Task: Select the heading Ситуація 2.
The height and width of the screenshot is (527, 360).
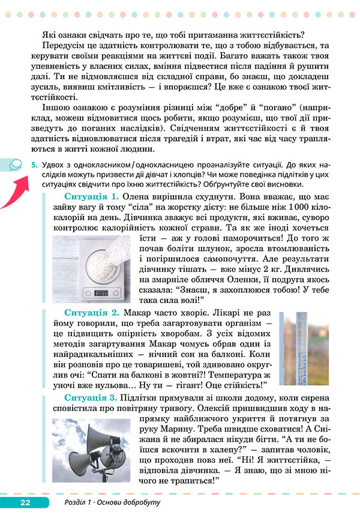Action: (x=91, y=313)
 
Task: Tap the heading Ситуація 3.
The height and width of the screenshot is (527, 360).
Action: (x=91, y=398)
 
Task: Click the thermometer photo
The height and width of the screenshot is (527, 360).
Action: (x=303, y=349)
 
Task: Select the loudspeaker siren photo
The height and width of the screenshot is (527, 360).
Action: (x=91, y=450)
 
